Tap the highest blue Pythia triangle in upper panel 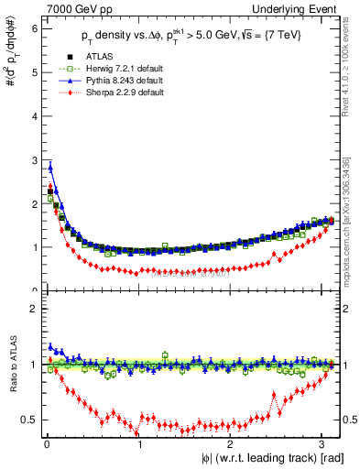pos(50,168)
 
